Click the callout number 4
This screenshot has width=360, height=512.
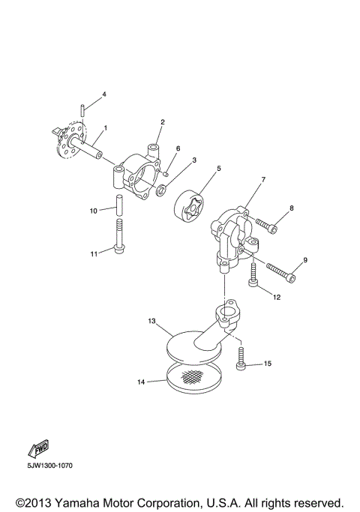(x=104, y=94)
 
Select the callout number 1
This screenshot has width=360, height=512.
(x=105, y=128)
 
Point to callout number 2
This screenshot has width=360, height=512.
(x=162, y=121)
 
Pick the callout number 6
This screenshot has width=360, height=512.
(x=178, y=148)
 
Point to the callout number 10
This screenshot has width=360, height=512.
(x=94, y=211)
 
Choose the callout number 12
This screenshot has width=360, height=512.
(x=277, y=297)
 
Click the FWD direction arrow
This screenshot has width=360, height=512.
(x=38, y=449)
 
